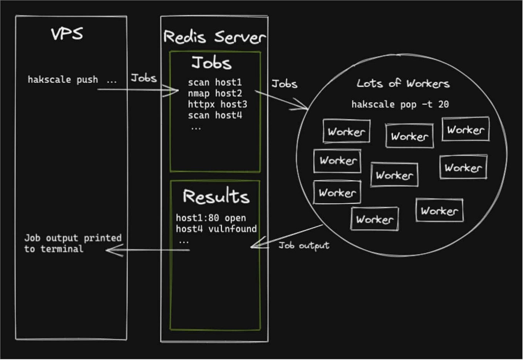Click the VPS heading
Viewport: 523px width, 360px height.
tap(67, 34)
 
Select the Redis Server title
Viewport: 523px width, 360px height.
tap(214, 37)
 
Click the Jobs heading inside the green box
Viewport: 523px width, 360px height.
tap(211, 63)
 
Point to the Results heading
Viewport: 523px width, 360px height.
tap(216, 196)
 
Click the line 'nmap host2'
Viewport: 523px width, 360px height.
tap(215, 93)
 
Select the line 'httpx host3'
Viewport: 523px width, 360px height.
tap(217, 104)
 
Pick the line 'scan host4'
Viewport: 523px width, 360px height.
tap(215, 115)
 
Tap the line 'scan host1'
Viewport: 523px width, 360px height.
tap(215, 82)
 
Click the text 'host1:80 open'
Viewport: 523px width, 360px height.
tap(211, 218)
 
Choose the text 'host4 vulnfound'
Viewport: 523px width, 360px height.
tap(216, 229)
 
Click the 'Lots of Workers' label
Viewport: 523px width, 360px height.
tap(403, 84)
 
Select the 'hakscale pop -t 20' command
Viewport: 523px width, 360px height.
tap(400, 104)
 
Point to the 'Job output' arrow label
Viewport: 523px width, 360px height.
tap(304, 246)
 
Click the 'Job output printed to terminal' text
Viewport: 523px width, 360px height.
tap(72, 243)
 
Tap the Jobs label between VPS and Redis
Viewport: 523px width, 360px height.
tap(144, 78)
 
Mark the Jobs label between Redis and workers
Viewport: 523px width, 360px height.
tap(284, 84)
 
